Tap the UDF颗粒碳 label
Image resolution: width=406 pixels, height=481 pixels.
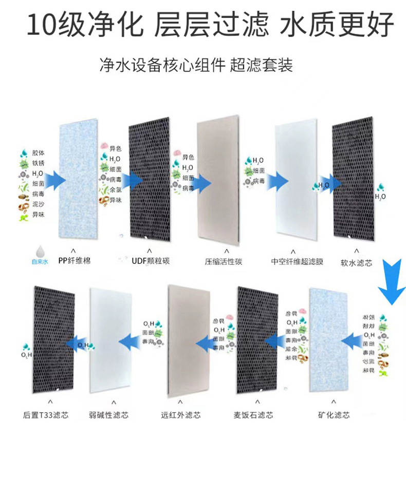tap(151, 261)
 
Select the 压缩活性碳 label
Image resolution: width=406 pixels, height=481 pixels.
tap(224, 261)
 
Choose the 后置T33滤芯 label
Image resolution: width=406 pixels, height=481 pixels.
tap(47, 414)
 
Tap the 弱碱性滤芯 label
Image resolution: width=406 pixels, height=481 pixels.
tap(108, 414)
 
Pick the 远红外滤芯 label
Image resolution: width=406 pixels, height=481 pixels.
tap(180, 414)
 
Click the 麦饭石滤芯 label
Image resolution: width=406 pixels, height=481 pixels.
tap(253, 414)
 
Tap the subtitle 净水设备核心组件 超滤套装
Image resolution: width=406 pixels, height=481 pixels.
tap(196, 66)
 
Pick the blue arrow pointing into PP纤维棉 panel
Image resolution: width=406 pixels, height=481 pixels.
tap(56, 180)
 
